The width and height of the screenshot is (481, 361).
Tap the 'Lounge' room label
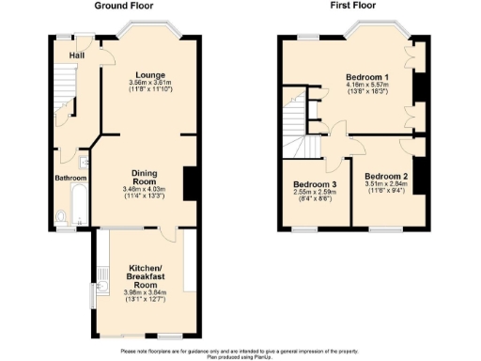pos(149,74)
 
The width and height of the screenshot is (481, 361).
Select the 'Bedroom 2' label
pos(385,176)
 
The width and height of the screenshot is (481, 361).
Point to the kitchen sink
pos(100,283)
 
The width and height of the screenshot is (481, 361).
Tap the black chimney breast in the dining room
pos(191,182)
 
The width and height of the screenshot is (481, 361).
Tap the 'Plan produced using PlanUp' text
pos(240,356)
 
